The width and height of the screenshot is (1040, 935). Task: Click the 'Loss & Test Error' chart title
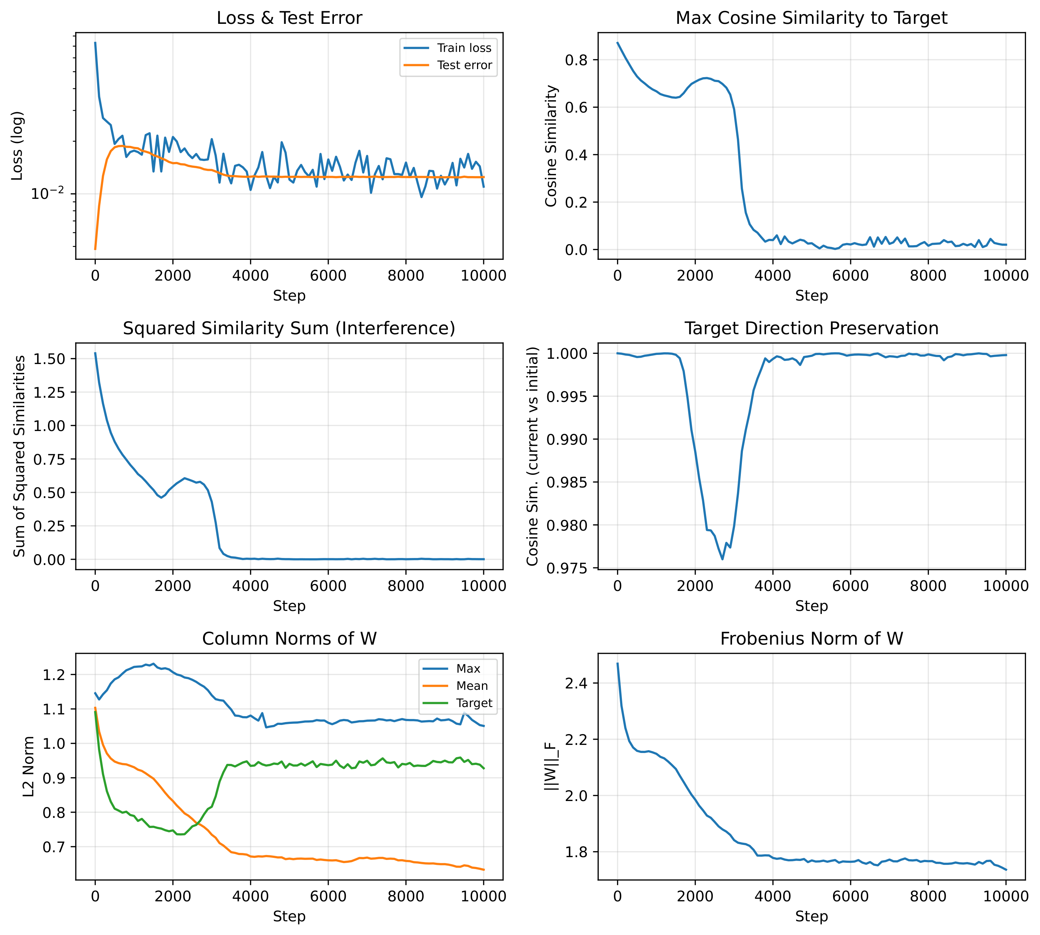289,18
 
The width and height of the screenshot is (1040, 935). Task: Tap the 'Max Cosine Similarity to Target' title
811,18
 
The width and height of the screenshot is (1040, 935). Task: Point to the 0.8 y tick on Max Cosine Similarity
576,60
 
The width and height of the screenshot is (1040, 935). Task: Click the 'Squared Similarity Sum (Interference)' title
289,328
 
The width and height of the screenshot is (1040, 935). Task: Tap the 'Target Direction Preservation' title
811,328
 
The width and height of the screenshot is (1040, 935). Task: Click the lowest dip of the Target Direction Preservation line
723,559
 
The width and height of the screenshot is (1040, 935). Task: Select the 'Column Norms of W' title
289,639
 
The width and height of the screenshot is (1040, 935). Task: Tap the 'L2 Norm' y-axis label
29,767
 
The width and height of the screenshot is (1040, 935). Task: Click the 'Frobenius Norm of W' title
811,639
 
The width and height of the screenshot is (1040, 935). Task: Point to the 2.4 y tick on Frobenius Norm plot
576,683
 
